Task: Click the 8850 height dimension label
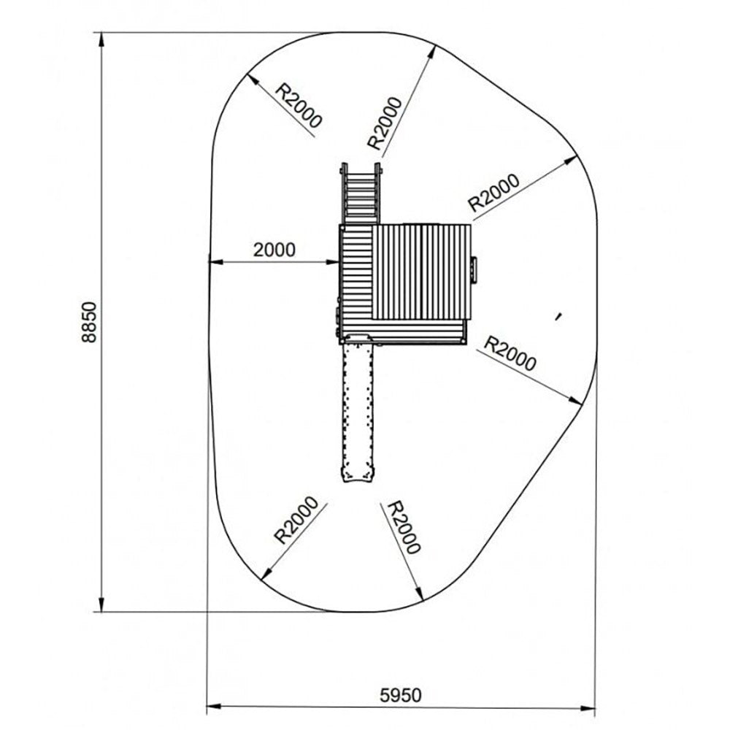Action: pyautogui.click(x=88, y=322)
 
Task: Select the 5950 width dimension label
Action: pyautogui.click(x=400, y=695)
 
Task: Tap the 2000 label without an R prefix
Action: pyautogui.click(x=274, y=250)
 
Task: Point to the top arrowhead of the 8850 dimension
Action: pyautogui.click(x=101, y=40)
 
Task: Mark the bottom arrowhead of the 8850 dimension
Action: pyautogui.click(x=101, y=604)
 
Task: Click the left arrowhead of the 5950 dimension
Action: pyautogui.click(x=214, y=706)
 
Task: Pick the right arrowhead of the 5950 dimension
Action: pyautogui.click(x=588, y=709)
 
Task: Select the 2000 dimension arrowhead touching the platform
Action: pyautogui.click(x=332, y=262)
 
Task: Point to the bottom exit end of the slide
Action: pyautogui.click(x=358, y=476)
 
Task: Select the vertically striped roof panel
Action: pyautogui.click(x=422, y=272)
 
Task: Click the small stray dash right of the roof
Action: pyautogui.click(x=558, y=317)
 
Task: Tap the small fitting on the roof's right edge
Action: pyautogui.click(x=474, y=269)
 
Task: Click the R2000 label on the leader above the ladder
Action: pyautogui.click(x=385, y=123)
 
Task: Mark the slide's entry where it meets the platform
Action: pyautogui.click(x=358, y=339)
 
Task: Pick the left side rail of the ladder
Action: pyautogui.click(x=345, y=193)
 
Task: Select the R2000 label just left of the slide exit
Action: pyautogui.click(x=296, y=520)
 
